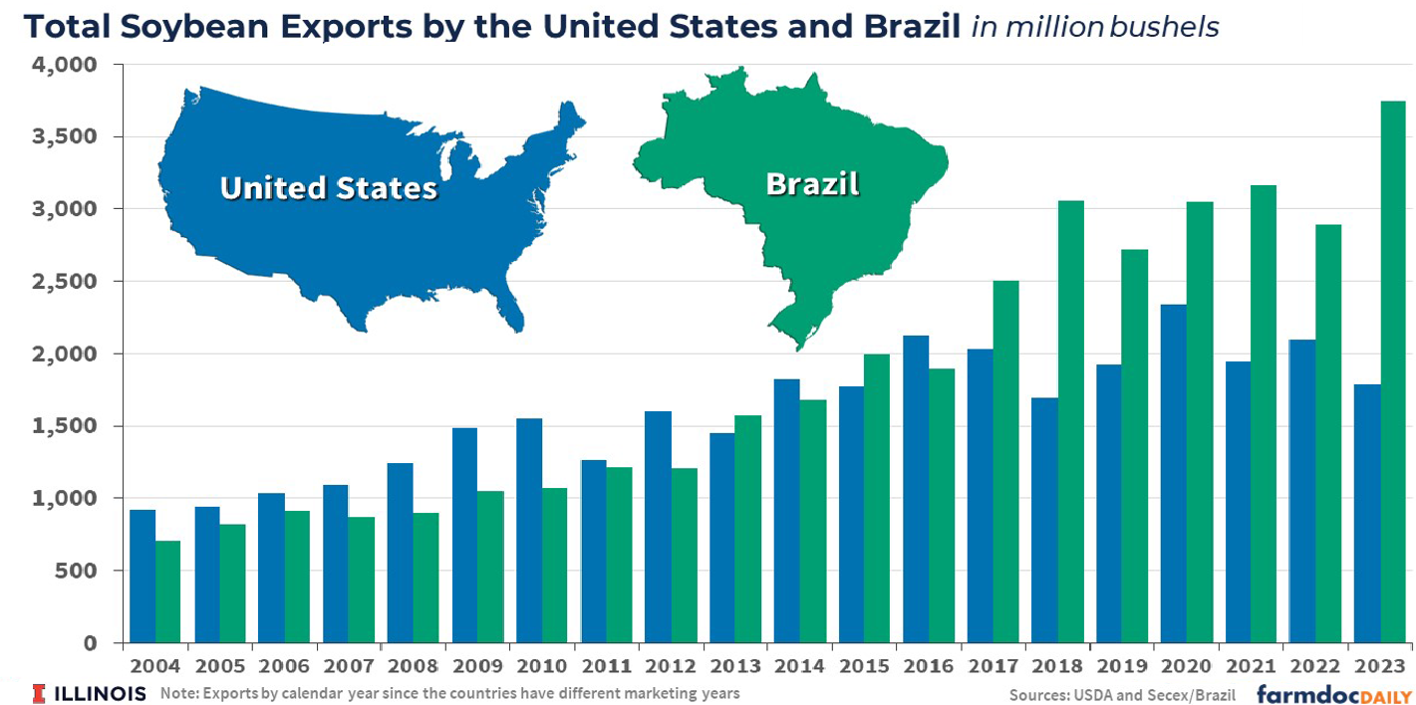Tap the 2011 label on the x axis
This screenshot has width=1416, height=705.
607,665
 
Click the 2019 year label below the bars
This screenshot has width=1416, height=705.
1122,665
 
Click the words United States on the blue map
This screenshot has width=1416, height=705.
328,188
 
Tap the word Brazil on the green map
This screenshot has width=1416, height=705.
812,184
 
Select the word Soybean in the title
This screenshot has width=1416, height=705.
207,27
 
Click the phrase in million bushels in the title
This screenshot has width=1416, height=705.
1095,27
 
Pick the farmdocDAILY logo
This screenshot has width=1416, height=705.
1333,694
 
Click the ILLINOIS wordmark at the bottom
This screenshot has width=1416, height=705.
100,693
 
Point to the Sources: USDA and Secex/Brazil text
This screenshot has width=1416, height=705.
1122,694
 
